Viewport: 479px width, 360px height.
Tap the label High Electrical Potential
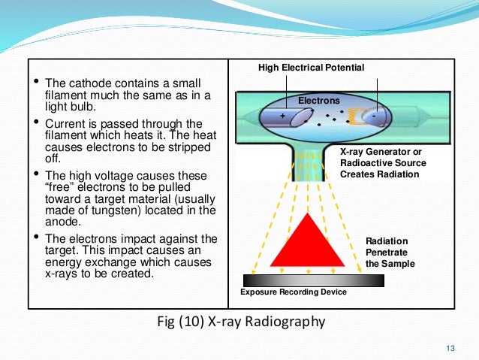tap(311, 68)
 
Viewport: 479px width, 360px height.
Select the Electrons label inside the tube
tap(319, 100)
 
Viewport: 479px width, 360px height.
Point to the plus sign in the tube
tap(282, 116)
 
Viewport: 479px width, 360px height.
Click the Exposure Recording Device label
tap(293, 292)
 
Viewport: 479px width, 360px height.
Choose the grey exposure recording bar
tap(314, 280)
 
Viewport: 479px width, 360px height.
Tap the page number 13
tap(450, 346)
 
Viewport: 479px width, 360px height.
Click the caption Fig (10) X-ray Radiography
tap(239, 323)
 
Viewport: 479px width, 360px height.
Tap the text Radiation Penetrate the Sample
tap(390, 253)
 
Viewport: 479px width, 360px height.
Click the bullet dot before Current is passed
tap(35, 123)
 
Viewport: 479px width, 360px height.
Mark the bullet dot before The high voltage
tap(35, 175)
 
